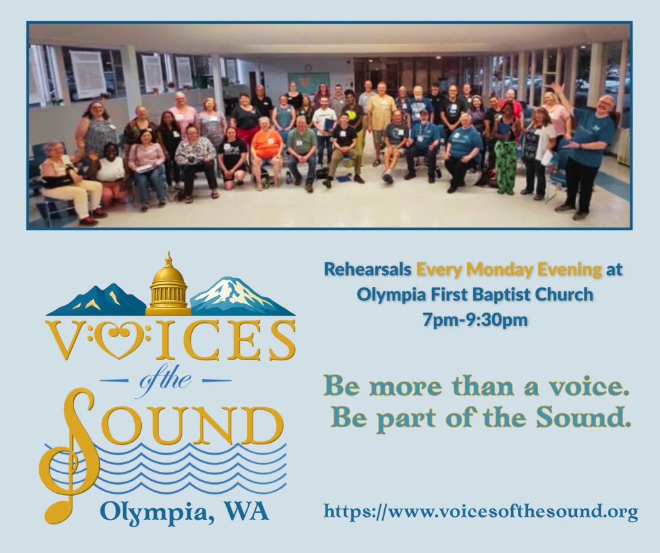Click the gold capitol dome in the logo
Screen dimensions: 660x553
click(x=168, y=286)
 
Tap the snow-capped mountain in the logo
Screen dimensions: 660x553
click(x=242, y=297)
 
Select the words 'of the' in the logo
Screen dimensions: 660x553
click(x=166, y=380)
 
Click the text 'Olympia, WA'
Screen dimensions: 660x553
click(x=184, y=512)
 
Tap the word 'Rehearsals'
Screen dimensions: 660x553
click(x=367, y=269)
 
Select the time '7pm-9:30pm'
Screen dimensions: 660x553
click(x=475, y=320)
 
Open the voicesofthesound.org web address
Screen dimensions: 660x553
click(x=481, y=512)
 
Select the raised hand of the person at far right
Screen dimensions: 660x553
click(x=558, y=89)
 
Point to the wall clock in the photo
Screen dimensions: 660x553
click(x=308, y=67)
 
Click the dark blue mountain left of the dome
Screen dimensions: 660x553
click(x=97, y=300)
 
